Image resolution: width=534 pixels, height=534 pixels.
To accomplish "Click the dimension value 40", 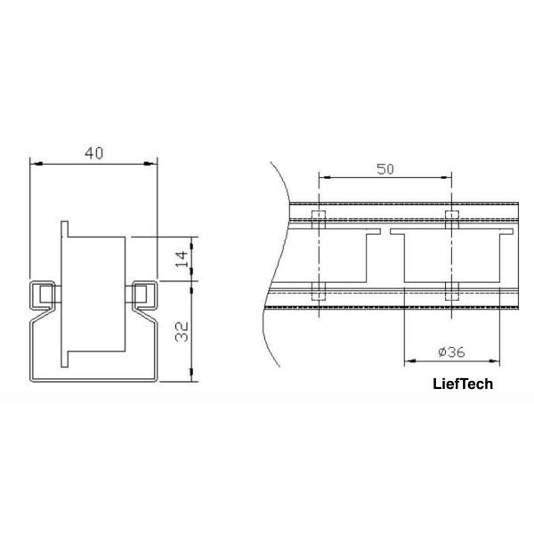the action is (x=94, y=153).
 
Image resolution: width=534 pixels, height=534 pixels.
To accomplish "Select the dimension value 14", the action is (x=182, y=259).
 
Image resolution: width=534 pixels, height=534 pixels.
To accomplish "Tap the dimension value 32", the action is (x=182, y=332).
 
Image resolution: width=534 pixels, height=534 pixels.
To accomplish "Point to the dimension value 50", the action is (x=385, y=169).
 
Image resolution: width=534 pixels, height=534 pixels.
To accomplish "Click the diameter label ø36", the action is (x=451, y=352).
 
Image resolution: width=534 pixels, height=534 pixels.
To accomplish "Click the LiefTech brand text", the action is (x=463, y=384).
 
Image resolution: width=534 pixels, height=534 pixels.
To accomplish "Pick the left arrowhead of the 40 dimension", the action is (x=36, y=164).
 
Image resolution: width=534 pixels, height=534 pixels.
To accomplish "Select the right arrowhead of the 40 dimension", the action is (x=150, y=164).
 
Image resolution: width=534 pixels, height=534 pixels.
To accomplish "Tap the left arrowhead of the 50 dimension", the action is (x=325, y=177).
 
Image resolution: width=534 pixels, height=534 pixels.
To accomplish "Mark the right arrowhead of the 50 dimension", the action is (x=446, y=177).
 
